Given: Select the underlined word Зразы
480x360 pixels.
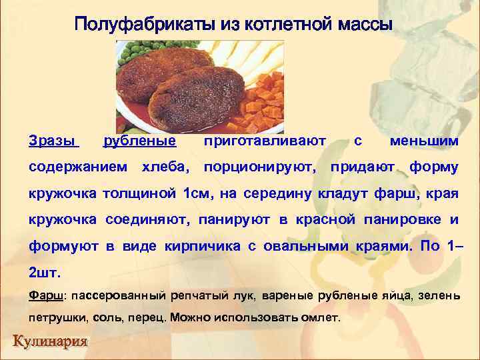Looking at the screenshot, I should coord(53,141).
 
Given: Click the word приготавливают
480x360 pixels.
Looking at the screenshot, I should coord(265,141).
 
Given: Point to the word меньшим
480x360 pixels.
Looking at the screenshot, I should coord(424,141).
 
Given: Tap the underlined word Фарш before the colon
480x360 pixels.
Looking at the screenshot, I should coord(46,295).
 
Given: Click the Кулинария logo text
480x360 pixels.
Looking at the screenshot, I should coord(50,343).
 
